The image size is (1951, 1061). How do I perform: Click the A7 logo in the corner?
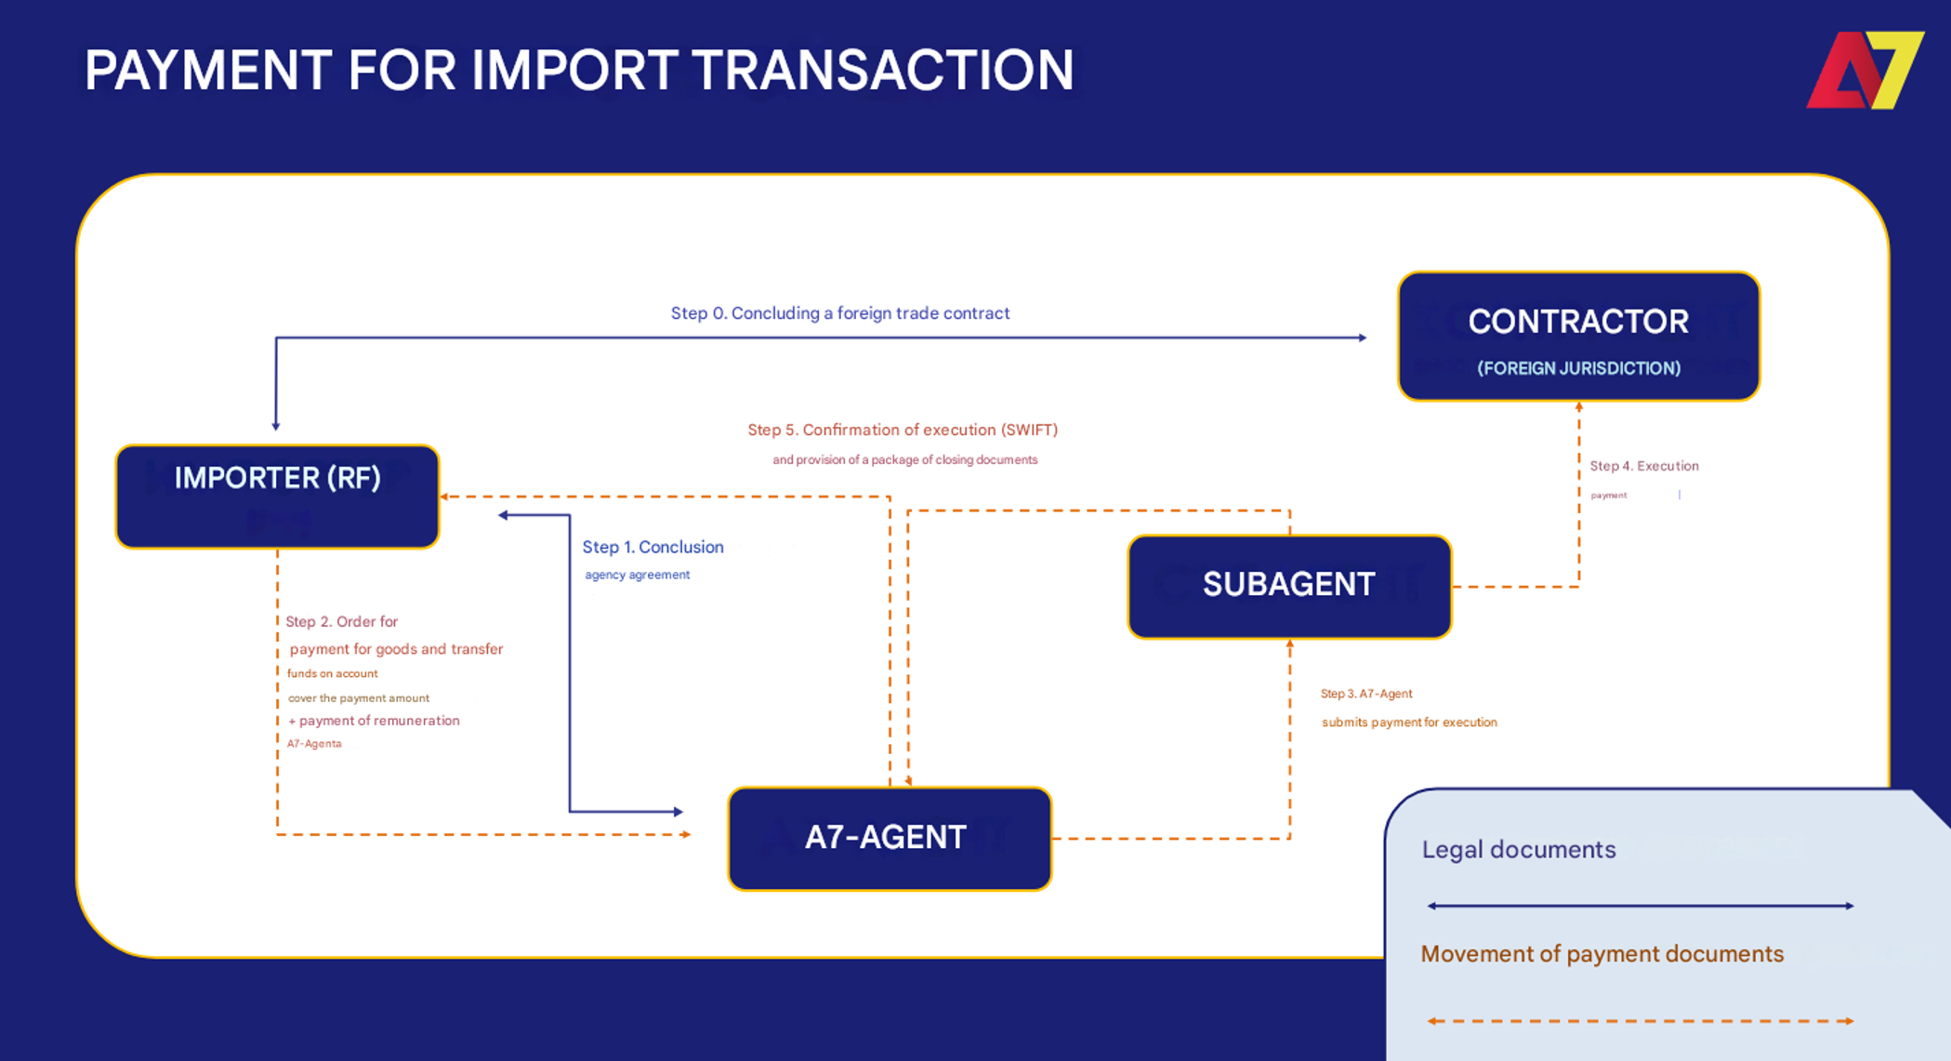pos(1864,71)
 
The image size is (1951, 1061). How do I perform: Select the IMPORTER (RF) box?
pos(277,497)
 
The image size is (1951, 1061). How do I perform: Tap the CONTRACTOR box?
pos(1578,336)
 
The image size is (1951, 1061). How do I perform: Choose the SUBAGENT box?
pos(1289,586)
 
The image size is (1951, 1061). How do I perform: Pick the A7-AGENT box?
pos(889,838)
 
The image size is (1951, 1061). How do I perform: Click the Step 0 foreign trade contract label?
pos(840,313)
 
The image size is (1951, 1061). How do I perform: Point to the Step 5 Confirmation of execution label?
pos(903,430)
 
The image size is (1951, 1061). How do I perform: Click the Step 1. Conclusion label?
pos(653,547)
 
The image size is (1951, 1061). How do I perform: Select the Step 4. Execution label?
pos(1643,466)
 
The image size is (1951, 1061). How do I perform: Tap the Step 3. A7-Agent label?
pos(1366,694)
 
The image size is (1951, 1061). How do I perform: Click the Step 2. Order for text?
pos(341,621)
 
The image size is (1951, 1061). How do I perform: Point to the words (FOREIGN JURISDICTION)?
pos(1578,368)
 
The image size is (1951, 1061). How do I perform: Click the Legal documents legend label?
pos(1519,849)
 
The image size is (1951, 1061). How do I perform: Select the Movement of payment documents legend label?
pos(1602,954)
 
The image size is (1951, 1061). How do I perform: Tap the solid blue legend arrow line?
pos(1640,906)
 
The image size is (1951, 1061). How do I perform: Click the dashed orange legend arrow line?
pos(1640,1021)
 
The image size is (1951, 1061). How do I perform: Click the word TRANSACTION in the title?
pos(882,71)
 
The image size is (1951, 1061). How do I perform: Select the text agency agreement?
pos(637,575)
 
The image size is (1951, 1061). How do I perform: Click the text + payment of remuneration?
pos(374,721)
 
